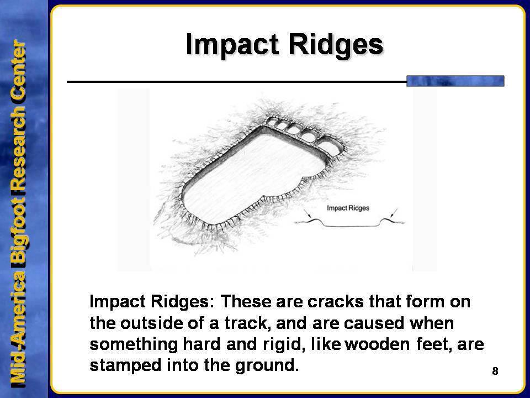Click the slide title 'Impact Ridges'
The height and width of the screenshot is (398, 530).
(x=284, y=45)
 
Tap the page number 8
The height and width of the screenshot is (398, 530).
(x=495, y=371)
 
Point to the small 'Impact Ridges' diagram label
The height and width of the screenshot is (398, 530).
(x=348, y=208)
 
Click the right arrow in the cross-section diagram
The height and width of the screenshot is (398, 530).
(x=393, y=214)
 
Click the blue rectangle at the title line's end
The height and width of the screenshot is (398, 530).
(x=455, y=81)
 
